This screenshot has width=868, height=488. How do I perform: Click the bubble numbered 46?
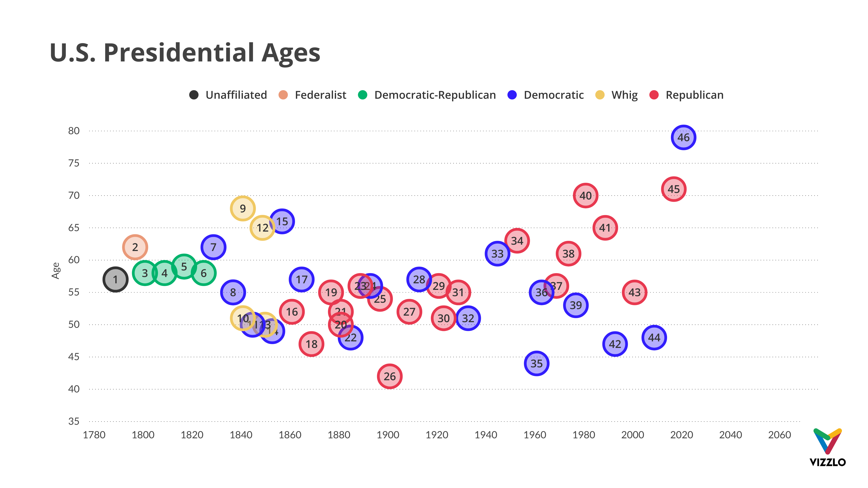coord(683,137)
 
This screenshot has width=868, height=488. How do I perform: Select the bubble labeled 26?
coord(389,376)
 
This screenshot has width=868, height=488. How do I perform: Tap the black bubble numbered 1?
coord(115,279)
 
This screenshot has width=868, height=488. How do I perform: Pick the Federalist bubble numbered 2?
coord(135,247)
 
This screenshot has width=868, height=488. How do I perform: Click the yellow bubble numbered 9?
coord(243,209)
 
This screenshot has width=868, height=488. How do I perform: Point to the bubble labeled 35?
coord(536,363)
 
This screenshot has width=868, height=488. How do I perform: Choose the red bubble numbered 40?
coord(585,196)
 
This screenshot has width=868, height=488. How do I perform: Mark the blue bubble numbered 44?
coord(654,338)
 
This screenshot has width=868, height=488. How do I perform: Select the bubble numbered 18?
coord(311,344)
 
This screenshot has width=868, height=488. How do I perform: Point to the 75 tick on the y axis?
coord(74,163)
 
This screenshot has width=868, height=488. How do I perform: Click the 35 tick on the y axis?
coord(74,421)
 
